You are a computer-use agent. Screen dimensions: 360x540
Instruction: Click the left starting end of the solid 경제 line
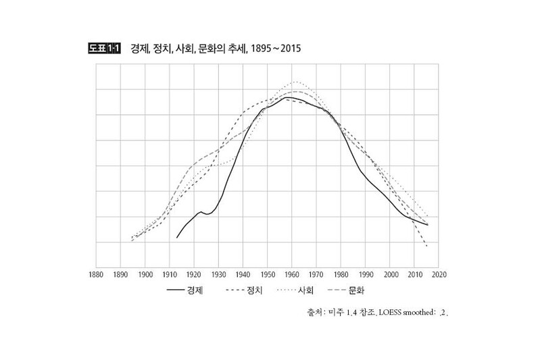pyautogui.click(x=177, y=238)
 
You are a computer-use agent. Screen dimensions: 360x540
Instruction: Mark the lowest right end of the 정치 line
pyautogui.click(x=427, y=247)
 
